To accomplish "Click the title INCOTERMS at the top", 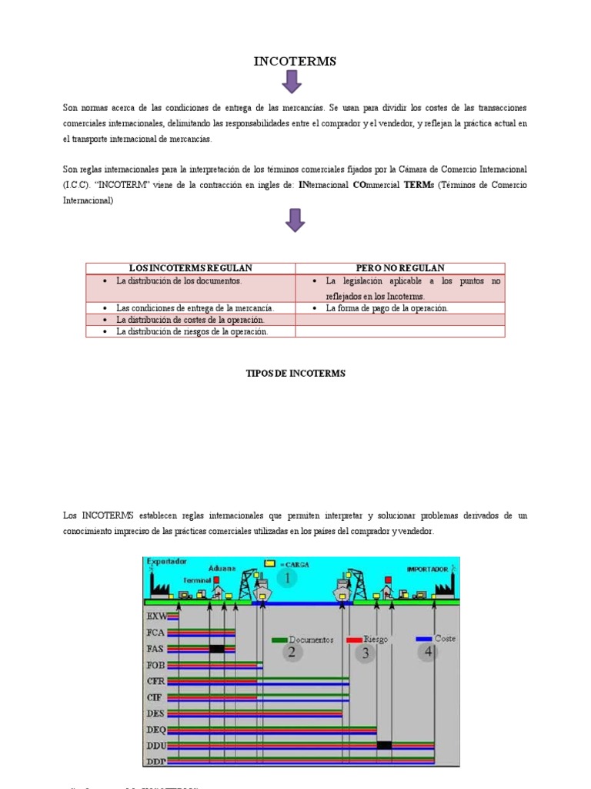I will point(295,62).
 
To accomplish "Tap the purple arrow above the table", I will point(295,220).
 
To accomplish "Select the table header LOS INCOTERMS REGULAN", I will point(190,268).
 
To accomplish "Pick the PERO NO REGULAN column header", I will point(400,268).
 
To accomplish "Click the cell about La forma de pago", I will point(387,308).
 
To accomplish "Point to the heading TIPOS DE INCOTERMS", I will point(295,374).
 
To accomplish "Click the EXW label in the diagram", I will point(155,616).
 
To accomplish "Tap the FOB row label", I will point(155,665).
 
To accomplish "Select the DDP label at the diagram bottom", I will point(155,762).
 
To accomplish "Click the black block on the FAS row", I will point(217,649).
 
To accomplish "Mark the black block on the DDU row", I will point(384,745).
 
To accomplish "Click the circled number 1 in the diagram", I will point(285,578).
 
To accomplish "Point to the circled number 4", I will point(428,652).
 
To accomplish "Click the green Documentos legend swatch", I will point(279,640).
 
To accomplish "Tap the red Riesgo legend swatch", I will point(354,640).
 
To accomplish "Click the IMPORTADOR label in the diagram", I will point(428,569).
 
